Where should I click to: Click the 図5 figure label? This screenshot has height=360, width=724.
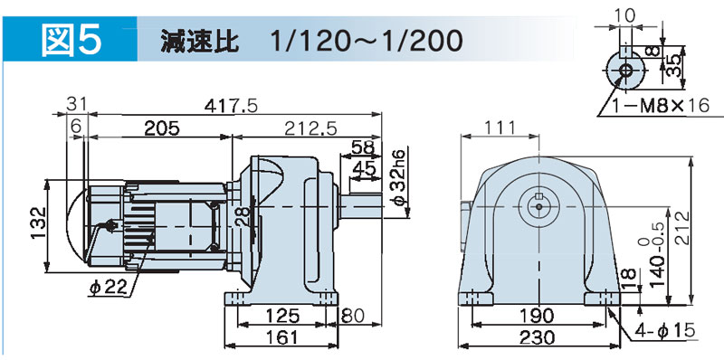(71, 41)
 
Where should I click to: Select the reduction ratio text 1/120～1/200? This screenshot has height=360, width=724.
(367, 42)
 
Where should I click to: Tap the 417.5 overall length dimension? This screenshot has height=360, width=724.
(231, 106)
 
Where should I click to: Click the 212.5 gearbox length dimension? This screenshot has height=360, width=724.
(310, 128)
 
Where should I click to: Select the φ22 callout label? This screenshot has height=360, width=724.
(108, 288)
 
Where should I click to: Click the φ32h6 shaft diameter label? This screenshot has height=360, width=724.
(400, 177)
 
